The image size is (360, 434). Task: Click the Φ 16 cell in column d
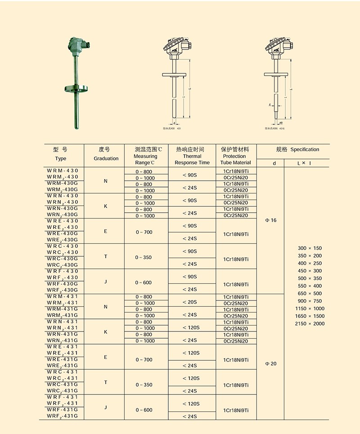coord(270,220)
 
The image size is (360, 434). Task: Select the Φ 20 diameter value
coord(270,363)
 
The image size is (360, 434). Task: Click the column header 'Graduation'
coord(106,158)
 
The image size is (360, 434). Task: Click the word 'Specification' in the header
coord(305,149)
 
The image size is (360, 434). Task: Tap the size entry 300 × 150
coord(310,248)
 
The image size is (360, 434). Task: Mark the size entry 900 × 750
coord(310,301)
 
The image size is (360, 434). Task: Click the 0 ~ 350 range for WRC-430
coord(144,257)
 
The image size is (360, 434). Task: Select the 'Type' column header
coord(61,158)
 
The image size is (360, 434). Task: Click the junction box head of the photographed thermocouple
coord(77,44)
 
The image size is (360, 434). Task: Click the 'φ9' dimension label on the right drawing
coord(281,122)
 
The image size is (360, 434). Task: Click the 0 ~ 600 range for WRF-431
coord(144,410)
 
